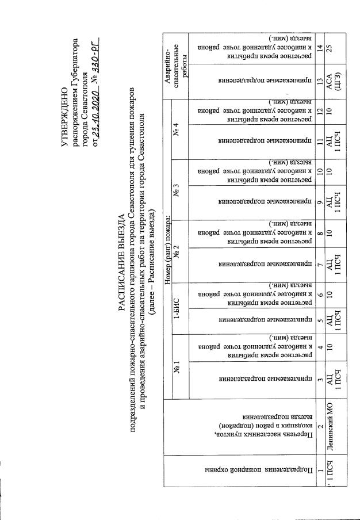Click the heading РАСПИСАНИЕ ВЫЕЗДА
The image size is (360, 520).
point(122,254)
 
